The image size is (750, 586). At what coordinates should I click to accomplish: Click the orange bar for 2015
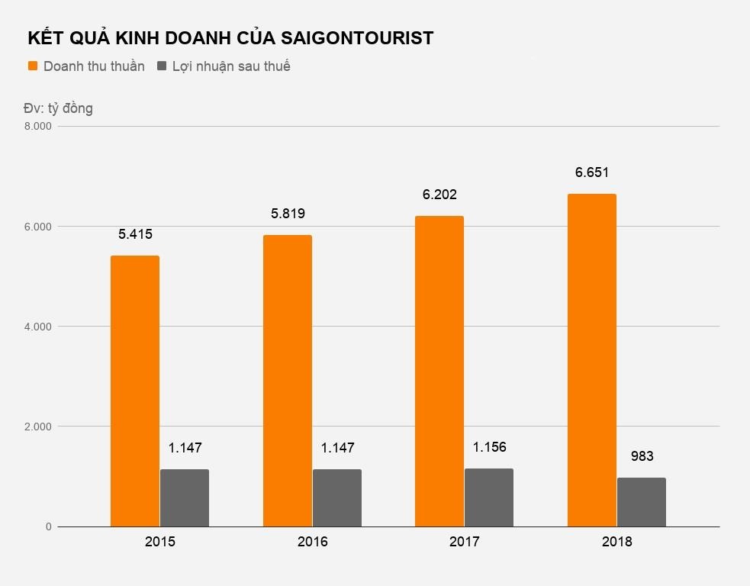135,391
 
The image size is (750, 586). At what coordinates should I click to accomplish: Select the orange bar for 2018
592,360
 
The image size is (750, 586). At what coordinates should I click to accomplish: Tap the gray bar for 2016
337,497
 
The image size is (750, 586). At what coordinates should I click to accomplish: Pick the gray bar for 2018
642,502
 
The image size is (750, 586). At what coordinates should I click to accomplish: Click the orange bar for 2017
439,371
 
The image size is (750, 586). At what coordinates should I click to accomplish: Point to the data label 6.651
592,172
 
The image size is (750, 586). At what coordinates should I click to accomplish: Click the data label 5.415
135,234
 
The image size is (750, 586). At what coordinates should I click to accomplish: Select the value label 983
642,457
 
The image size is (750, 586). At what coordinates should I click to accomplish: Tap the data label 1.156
489,447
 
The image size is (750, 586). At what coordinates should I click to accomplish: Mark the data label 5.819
288,214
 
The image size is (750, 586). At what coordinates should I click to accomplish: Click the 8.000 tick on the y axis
37,126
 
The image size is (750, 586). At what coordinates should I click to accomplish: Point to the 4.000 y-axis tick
37,327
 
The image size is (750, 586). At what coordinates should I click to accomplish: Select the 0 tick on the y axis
47,526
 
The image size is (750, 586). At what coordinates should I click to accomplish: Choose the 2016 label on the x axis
312,543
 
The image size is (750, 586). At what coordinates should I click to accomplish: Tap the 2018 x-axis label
616,543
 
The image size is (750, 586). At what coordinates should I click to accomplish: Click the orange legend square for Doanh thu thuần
33,66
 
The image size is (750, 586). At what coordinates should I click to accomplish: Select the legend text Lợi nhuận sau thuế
231,66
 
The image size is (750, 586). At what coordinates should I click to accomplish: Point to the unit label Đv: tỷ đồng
58,108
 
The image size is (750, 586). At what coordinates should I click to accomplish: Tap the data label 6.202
439,195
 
